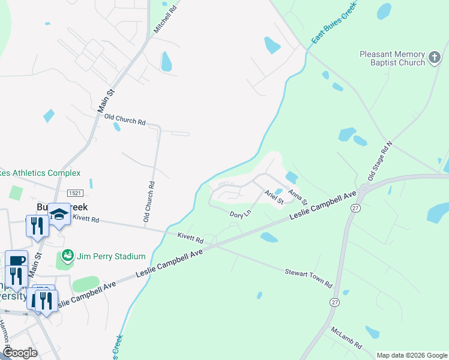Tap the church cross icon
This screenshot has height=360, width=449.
tap(434, 58)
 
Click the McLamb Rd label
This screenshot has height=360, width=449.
tap(346, 338)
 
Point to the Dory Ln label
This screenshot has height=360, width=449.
tap(240, 214)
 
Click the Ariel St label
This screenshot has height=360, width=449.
tap(273, 196)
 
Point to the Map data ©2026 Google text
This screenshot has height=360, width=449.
tap(411, 355)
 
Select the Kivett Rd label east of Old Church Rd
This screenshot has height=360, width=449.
tap(190, 238)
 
